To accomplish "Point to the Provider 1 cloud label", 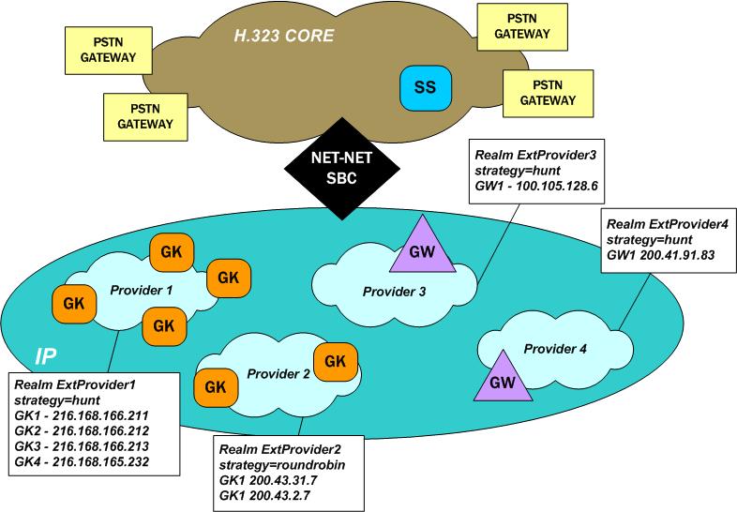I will coord(140,290).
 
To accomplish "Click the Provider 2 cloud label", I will coord(278,374).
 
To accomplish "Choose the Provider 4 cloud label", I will coord(555,349).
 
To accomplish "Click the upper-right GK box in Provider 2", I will coord(332,360).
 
